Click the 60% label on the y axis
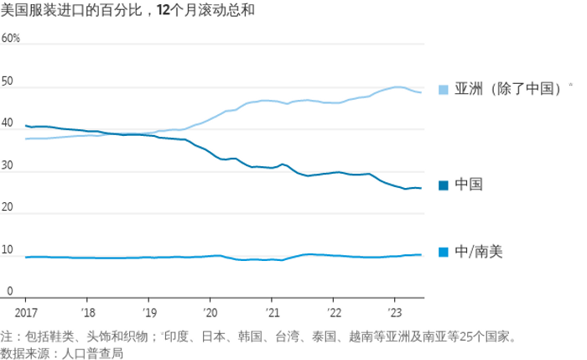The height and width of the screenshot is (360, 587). (x=11, y=39)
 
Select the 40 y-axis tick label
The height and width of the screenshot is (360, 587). (x=8, y=124)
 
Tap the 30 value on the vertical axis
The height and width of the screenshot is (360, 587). (x=8, y=166)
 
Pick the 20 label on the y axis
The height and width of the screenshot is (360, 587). (x=8, y=208)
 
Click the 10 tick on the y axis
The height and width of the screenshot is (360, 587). (x=8, y=250)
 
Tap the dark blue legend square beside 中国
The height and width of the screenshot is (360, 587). (x=444, y=185)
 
